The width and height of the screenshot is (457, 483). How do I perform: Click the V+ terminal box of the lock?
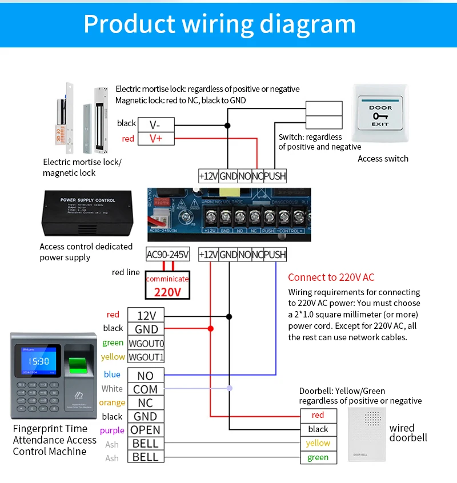pos(156,138)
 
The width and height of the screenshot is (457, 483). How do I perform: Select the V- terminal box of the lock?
pos(156,124)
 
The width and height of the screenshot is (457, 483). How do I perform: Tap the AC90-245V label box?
pos(167,255)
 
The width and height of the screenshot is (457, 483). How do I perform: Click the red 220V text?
pos(167,292)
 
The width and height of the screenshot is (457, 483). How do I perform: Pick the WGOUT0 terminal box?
pos(146,343)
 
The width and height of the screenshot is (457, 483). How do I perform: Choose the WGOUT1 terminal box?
pos(146,357)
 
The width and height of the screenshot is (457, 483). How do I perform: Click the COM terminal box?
pos(146,389)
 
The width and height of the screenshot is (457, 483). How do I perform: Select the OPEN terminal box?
pos(146,430)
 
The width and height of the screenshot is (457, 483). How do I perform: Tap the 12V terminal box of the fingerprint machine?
pos(146,315)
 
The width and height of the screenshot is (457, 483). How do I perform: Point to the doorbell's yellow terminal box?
pos(318,443)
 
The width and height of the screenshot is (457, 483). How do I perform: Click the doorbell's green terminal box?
pos(318,457)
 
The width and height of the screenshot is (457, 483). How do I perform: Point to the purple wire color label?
pos(112,430)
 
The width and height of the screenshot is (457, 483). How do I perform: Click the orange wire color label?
pos(112,402)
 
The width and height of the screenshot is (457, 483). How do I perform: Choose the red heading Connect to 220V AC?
pos(331,277)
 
